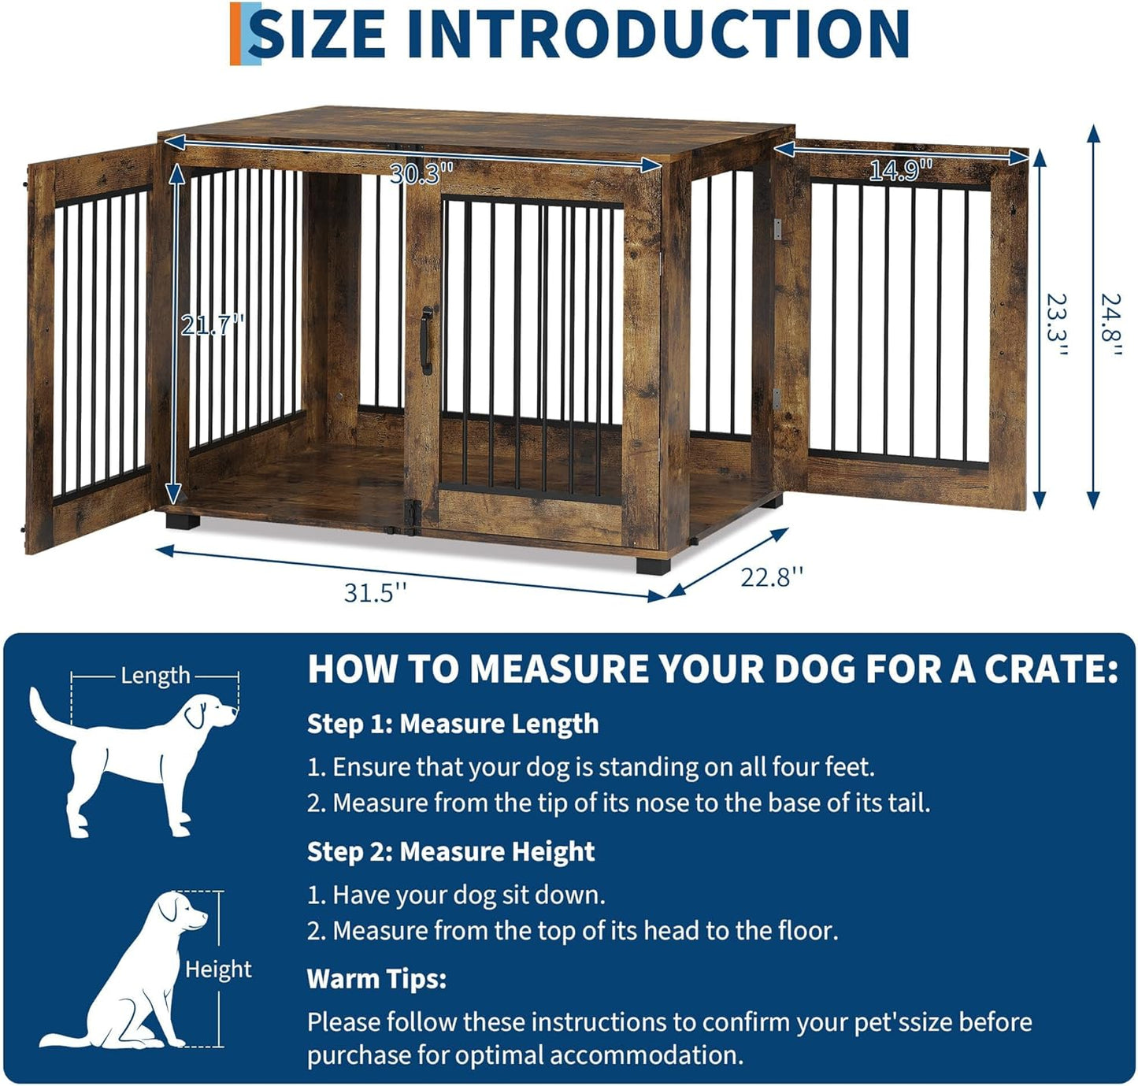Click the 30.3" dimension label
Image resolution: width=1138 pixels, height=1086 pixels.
(422, 172)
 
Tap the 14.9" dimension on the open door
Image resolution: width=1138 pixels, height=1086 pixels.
(900, 170)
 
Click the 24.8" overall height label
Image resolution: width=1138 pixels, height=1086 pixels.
(1110, 324)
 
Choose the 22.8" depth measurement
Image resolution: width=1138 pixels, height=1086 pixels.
(772, 577)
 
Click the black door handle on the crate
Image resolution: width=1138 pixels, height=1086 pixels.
(427, 340)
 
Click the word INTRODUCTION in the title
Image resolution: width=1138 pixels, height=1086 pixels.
(658, 34)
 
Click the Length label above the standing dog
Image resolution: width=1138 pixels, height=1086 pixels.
(155, 676)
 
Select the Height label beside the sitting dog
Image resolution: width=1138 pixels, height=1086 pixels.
(218, 969)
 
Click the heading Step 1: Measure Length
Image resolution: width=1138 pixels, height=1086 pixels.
(453, 724)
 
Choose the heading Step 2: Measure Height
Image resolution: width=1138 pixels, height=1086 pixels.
(450, 851)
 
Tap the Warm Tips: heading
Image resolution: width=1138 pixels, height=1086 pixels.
(376, 979)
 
